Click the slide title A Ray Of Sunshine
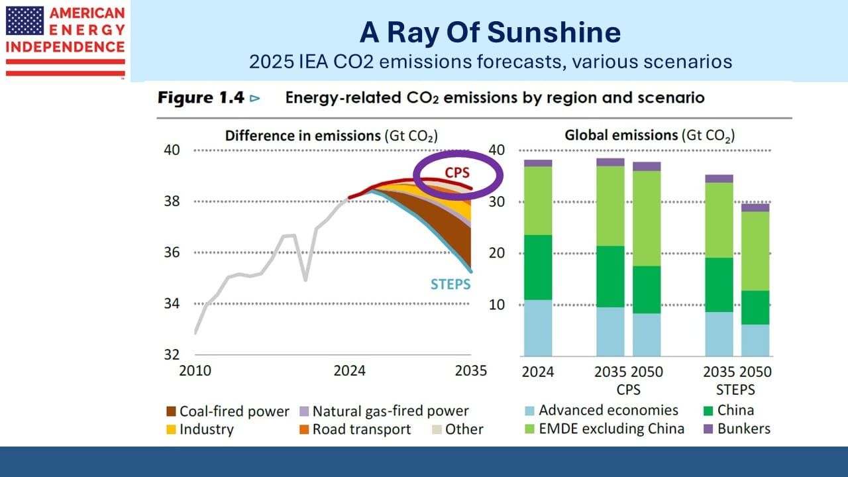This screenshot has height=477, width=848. point(490,32)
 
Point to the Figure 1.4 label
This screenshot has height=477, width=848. point(201,98)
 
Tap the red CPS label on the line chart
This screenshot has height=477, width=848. point(457,172)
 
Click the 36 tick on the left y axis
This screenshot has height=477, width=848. point(171,252)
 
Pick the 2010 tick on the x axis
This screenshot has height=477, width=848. point(195,370)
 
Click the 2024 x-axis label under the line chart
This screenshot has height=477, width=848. point(349,370)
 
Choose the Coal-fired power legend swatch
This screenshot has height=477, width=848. point(171,411)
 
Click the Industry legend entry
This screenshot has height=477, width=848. point(207,429)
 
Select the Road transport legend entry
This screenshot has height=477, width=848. point(362,429)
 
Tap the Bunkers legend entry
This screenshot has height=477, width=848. point(744,428)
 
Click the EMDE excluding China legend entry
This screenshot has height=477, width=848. point(611,428)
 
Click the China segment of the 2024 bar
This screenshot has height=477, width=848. point(538,267)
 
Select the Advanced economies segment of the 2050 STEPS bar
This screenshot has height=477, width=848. point(755,340)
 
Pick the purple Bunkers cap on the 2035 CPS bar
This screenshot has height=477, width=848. point(610,162)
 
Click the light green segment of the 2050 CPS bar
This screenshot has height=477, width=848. point(647,218)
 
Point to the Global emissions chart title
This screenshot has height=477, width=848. point(649,136)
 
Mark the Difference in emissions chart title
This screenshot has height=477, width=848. point(331,136)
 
